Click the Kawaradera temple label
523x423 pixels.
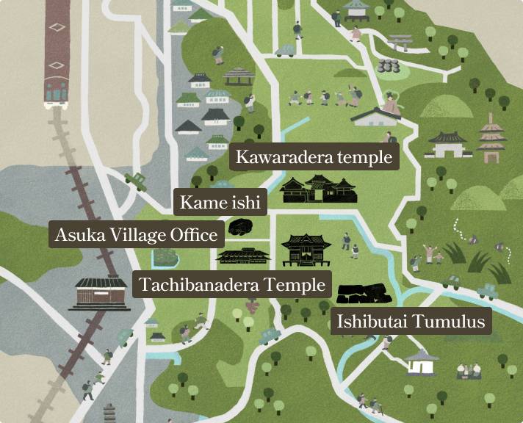pyautogui.click(x=314, y=157)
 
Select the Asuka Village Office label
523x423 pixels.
pyautogui.click(x=137, y=236)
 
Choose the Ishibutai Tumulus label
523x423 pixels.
pyautogui.click(x=410, y=322)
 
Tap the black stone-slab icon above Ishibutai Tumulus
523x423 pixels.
pyautogui.click(x=361, y=293)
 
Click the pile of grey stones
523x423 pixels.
pyautogui.click(x=387, y=65)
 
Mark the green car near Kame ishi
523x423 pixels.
pyautogui.click(x=135, y=181)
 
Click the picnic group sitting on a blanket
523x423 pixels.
pyautogui.click(x=469, y=370)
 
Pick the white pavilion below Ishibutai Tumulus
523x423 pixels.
pyautogui.click(x=422, y=362)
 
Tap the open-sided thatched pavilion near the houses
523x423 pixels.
pyautogui.click(x=238, y=76)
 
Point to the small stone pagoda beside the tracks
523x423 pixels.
pyautogui.click(x=109, y=413)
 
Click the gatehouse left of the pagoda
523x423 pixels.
pyautogui.click(x=447, y=143)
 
